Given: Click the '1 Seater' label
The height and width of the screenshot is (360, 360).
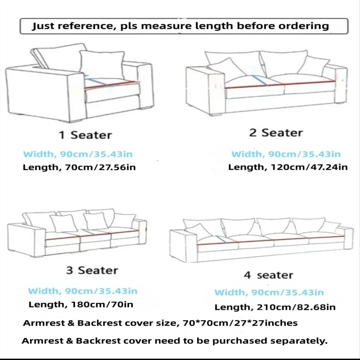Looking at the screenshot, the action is (85, 135).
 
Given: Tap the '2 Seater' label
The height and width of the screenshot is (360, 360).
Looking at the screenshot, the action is (276, 133).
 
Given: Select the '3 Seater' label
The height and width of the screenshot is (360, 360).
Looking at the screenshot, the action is (92, 270).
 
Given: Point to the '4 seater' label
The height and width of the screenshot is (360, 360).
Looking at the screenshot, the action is (268, 275).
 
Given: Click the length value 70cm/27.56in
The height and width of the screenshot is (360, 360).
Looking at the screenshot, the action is (100, 167).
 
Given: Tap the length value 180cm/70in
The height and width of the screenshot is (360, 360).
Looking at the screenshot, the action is (102, 304).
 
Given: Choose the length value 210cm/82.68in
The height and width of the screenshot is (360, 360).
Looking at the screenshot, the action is (296, 307).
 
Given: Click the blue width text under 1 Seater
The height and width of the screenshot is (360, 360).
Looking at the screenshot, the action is (78, 154).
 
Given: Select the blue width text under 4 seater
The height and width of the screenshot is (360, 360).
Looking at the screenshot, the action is (269, 293).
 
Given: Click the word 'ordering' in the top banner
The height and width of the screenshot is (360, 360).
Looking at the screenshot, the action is (304, 26).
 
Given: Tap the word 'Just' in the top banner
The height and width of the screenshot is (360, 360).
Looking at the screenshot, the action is (43, 26).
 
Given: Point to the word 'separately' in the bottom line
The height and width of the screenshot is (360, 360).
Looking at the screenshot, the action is (298, 341).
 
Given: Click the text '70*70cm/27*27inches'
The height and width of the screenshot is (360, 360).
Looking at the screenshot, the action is (240, 323).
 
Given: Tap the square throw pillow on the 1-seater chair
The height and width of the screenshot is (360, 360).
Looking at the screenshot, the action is (102, 65).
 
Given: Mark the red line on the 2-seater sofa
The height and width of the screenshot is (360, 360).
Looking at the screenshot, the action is (280, 84).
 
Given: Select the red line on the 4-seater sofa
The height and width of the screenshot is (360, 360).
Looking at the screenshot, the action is (271, 240).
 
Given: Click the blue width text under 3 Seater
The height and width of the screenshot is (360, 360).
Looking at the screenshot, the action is (83, 291).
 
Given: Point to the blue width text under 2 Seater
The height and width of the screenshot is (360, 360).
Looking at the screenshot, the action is (286, 154).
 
